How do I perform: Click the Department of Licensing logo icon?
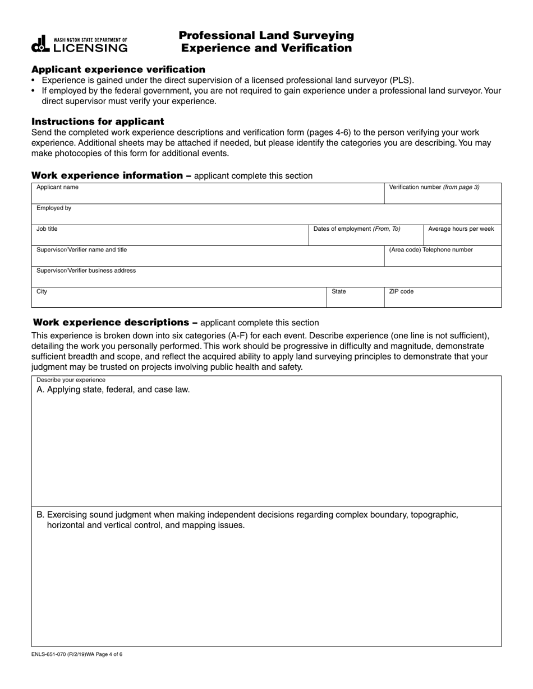coord(41,44)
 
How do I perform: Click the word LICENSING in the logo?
coord(90,48)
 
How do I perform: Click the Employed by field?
coord(266,215)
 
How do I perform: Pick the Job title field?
coord(169,236)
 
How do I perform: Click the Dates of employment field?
coord(366,237)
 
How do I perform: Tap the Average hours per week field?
coord(462,237)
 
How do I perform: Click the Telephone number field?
coord(442,258)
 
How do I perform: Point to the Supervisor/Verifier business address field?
coord(266,278)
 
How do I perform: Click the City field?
coord(178,299)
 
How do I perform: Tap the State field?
coord(355,299)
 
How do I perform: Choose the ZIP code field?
coord(442,299)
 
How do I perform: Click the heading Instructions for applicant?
coord(98,122)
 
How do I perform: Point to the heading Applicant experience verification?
coord(118,69)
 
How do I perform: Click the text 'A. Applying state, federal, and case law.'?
coord(113,390)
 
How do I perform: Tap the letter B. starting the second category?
coord(40,515)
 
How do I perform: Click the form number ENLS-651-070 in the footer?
coord(56,654)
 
